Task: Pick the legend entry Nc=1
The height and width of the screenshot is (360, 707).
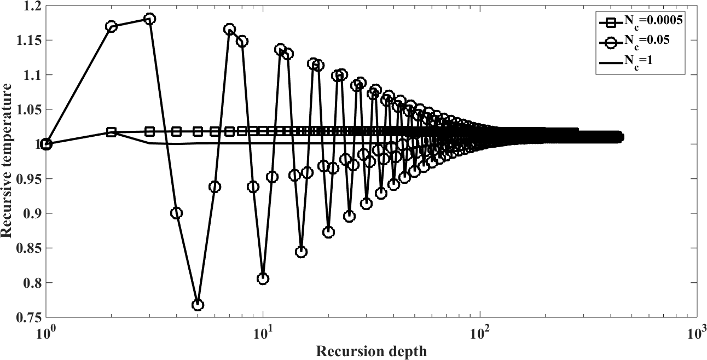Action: point(633,62)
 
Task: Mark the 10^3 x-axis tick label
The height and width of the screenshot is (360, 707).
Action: point(696,332)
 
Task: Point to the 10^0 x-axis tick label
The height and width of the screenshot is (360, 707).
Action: point(47,332)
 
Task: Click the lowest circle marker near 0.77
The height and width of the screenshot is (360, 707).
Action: point(198,305)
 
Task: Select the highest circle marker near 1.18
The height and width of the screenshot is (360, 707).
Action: point(149,19)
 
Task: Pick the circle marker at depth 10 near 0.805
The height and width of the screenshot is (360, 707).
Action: point(263,278)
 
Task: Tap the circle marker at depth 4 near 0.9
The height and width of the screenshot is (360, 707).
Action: point(176,213)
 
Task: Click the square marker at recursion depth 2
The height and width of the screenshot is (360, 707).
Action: point(112,132)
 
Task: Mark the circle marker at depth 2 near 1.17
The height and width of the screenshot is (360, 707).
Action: point(112,26)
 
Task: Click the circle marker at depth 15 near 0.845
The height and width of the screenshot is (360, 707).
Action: point(301,252)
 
